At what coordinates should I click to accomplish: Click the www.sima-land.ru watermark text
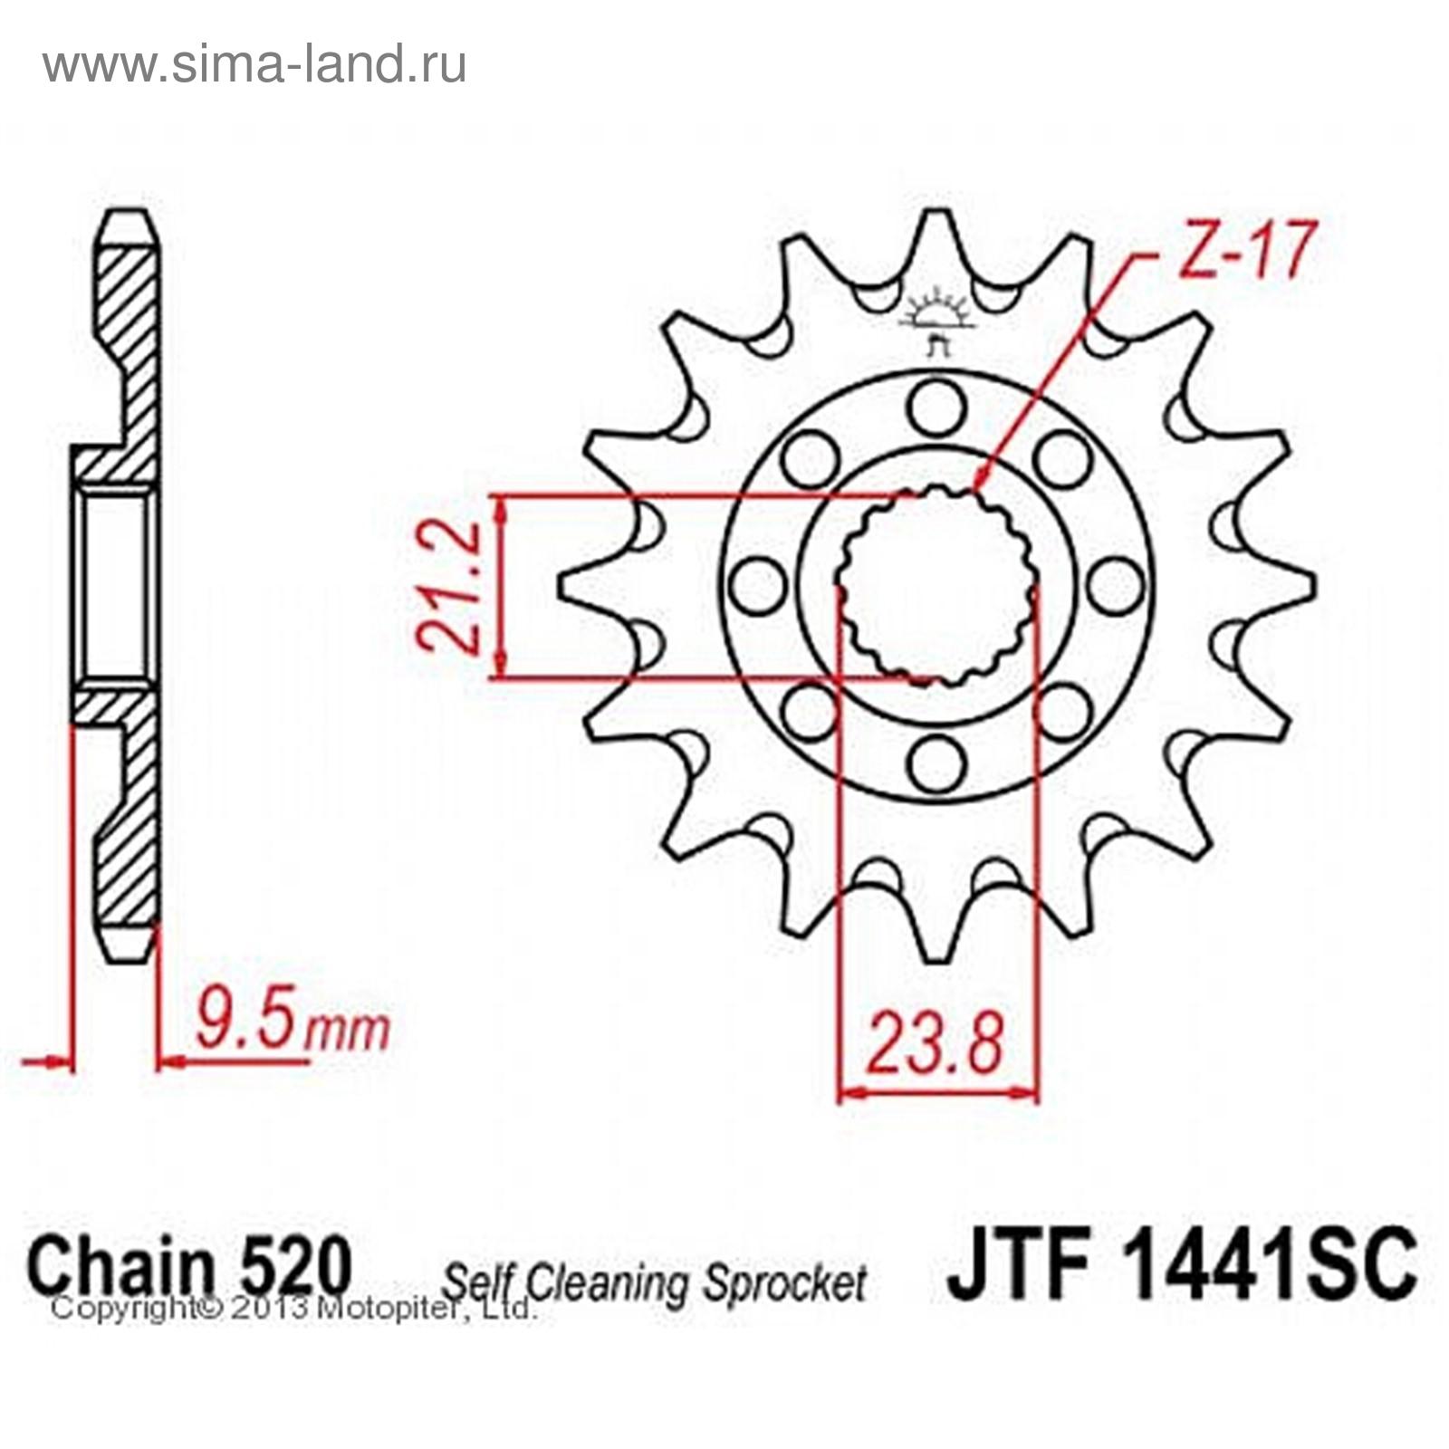coord(254,64)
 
